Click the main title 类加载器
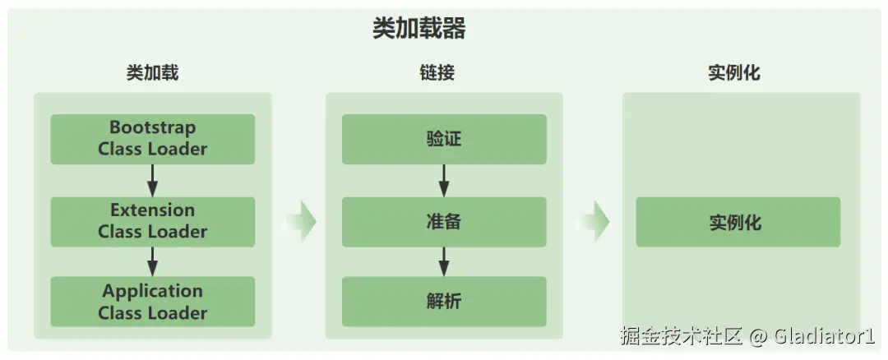(x=419, y=30)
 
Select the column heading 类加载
(x=152, y=72)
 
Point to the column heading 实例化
(x=734, y=72)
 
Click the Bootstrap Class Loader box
(x=152, y=139)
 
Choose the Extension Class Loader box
(x=152, y=221)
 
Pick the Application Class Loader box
(x=152, y=302)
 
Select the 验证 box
(x=444, y=139)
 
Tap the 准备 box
(x=444, y=221)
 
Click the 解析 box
(x=444, y=302)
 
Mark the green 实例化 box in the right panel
(x=738, y=222)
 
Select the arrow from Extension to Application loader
(x=152, y=261)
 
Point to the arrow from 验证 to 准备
(x=444, y=180)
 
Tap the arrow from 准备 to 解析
(x=444, y=261)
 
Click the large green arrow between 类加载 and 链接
(x=300, y=221)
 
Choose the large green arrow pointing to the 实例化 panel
(x=593, y=221)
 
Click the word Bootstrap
(x=152, y=128)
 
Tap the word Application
(x=152, y=291)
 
